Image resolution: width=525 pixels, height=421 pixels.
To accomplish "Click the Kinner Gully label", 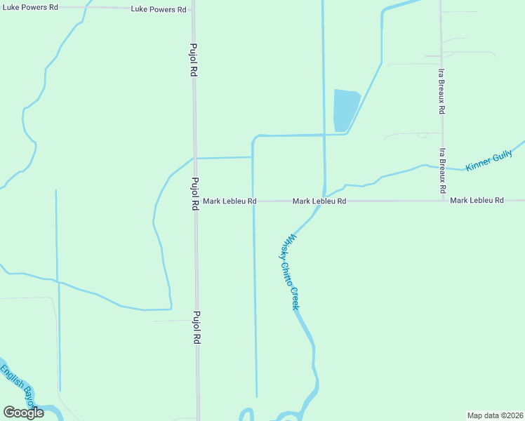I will (489, 161).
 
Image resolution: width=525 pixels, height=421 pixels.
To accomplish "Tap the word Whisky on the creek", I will (288, 246).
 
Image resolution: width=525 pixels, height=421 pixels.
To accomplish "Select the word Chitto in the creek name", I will (286, 272).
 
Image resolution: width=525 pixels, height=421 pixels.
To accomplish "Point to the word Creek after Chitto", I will (295, 298).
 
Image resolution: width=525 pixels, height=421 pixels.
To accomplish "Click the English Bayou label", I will (18, 387).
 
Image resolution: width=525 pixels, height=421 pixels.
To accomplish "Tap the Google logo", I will (23, 413).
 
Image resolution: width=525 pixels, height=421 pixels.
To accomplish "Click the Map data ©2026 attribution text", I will (495, 415).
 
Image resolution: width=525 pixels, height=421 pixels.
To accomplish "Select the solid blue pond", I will (345, 110).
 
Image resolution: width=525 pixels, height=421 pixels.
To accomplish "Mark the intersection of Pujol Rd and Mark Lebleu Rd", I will (195, 201).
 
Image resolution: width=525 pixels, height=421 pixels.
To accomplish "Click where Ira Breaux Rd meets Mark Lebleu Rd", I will (443, 201).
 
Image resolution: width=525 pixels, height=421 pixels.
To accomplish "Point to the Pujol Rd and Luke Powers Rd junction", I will (194, 10).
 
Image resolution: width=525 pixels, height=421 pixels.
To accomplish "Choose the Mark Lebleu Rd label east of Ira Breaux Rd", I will (477, 201).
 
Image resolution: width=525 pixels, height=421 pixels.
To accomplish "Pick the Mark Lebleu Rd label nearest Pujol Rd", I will (230, 201).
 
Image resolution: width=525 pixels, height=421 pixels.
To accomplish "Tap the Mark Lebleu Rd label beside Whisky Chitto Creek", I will (319, 201).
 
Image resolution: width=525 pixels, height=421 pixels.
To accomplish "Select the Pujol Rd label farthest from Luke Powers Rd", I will (197, 328).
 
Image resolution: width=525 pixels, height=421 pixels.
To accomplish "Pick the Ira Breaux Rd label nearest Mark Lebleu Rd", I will (443, 171).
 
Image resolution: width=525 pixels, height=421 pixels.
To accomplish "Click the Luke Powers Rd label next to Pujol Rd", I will (159, 10).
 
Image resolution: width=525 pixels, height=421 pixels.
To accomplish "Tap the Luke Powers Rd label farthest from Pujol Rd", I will (29, 6).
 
